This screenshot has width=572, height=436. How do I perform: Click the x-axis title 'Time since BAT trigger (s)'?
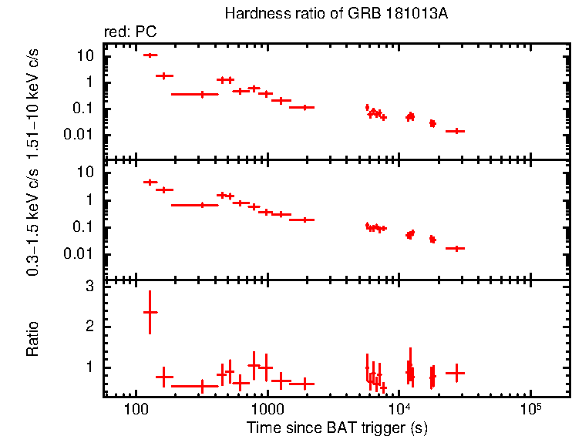coord(337,426)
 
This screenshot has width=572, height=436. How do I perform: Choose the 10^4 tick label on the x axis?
coord(399,406)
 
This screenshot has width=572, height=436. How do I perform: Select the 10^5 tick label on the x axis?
coord(530,406)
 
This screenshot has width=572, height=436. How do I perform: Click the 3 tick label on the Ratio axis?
coord(89,287)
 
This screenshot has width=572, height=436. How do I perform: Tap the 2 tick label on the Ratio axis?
coord(89,327)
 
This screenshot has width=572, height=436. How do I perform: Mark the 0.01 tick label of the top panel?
coord(79,135)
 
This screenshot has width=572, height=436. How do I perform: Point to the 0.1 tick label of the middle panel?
coord(82,227)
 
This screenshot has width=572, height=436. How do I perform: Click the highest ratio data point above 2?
coord(150,312)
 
